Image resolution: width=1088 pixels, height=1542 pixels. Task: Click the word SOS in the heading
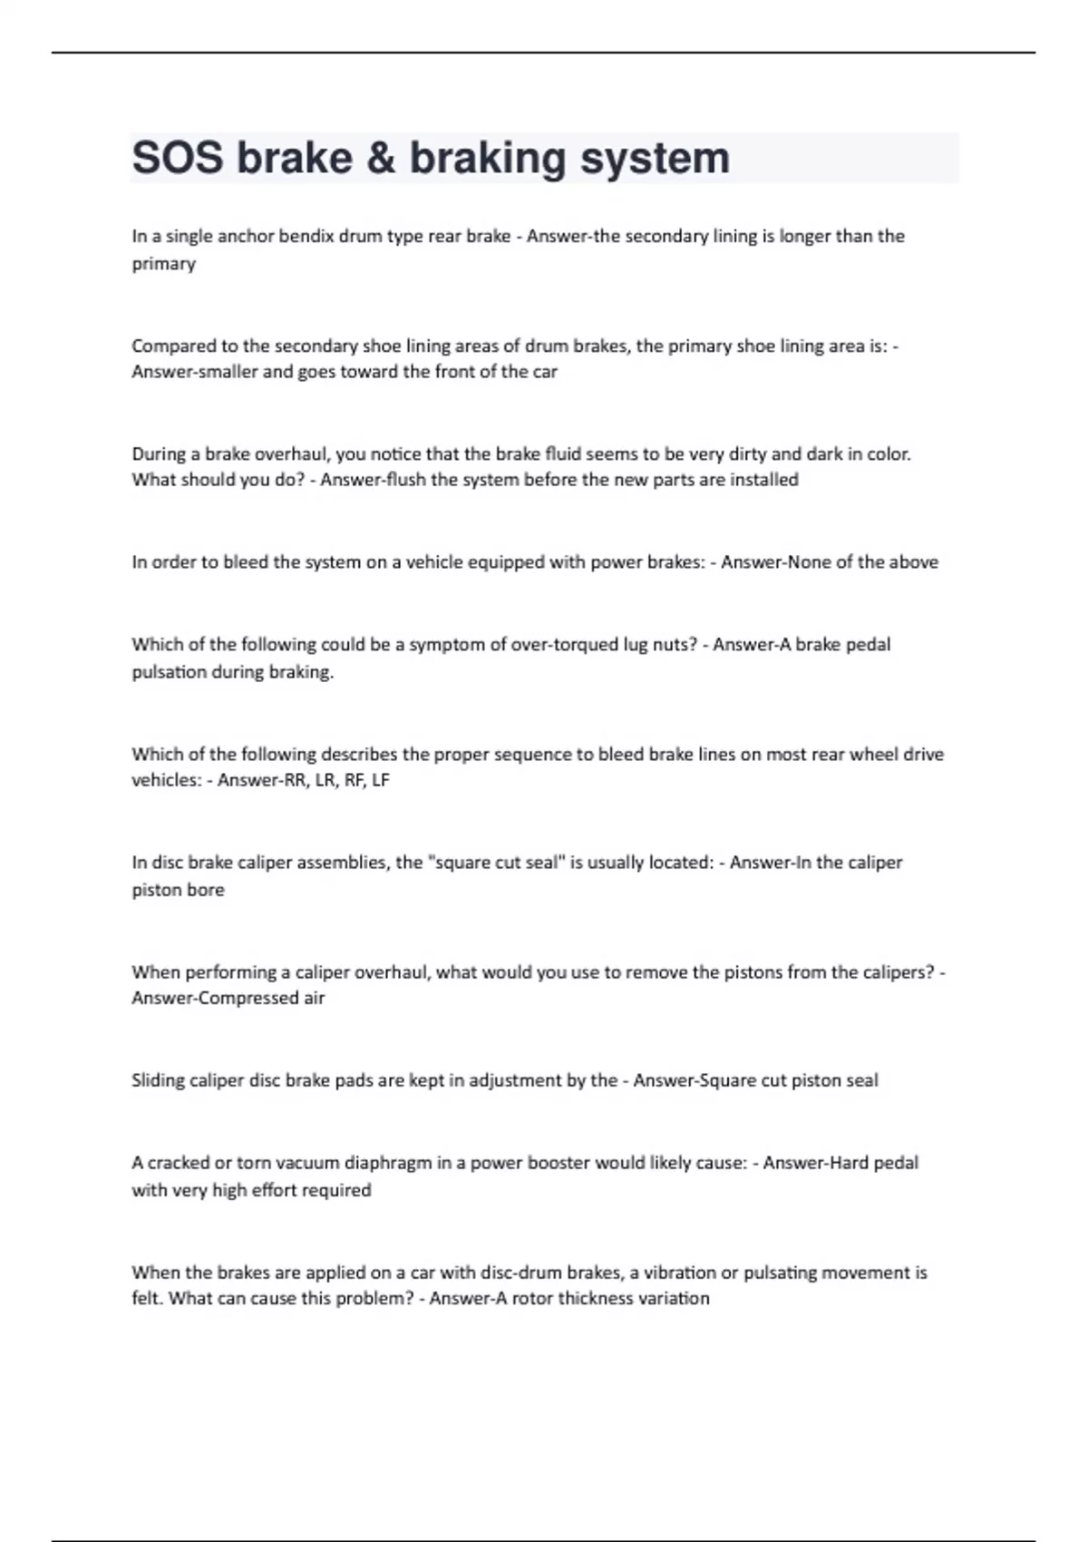(x=178, y=158)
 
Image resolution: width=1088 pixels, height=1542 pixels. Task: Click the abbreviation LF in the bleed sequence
(x=380, y=780)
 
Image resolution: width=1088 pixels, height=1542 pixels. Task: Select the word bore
(x=205, y=890)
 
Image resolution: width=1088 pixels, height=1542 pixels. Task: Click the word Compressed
(x=228, y=998)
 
